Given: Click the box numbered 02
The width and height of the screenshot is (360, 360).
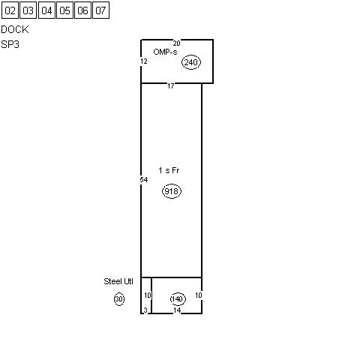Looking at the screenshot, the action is tap(10, 10).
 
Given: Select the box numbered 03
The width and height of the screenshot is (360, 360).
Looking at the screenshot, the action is tap(28, 10).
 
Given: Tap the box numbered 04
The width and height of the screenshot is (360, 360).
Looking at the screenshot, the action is tap(46, 10).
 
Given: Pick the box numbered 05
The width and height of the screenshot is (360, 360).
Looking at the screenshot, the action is tap(64, 10).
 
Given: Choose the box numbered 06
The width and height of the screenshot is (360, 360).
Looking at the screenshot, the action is tap(82, 10).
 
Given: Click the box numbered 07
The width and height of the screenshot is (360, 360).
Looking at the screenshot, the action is tap(100, 10).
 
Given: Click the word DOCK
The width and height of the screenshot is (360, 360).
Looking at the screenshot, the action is tap(15, 29).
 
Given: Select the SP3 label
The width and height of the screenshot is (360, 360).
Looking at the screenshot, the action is tap(10, 44).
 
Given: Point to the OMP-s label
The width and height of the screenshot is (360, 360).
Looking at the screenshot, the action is tap(165, 52).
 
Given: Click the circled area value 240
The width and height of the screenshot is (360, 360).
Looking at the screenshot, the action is tap(191, 62).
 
